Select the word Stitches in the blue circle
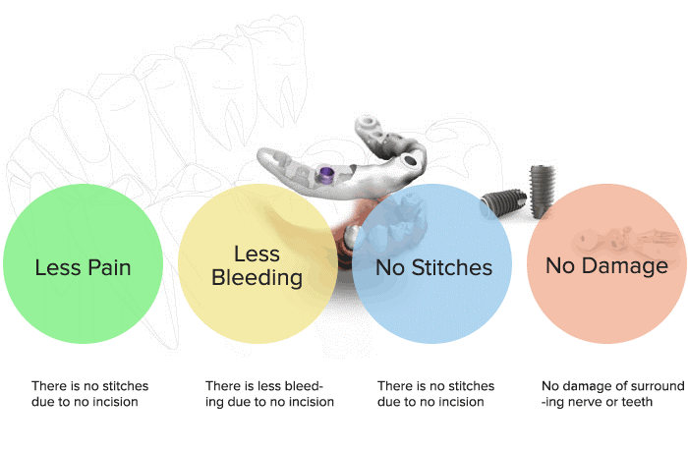tap(452, 267)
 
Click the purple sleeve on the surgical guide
tap(326, 174)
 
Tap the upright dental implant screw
tap(543, 192)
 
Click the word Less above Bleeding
tap(257, 254)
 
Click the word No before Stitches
tap(391, 267)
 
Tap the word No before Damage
tap(560, 265)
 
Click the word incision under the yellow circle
tap(313, 402)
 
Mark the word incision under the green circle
tap(117, 402)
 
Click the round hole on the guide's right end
tap(410, 160)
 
